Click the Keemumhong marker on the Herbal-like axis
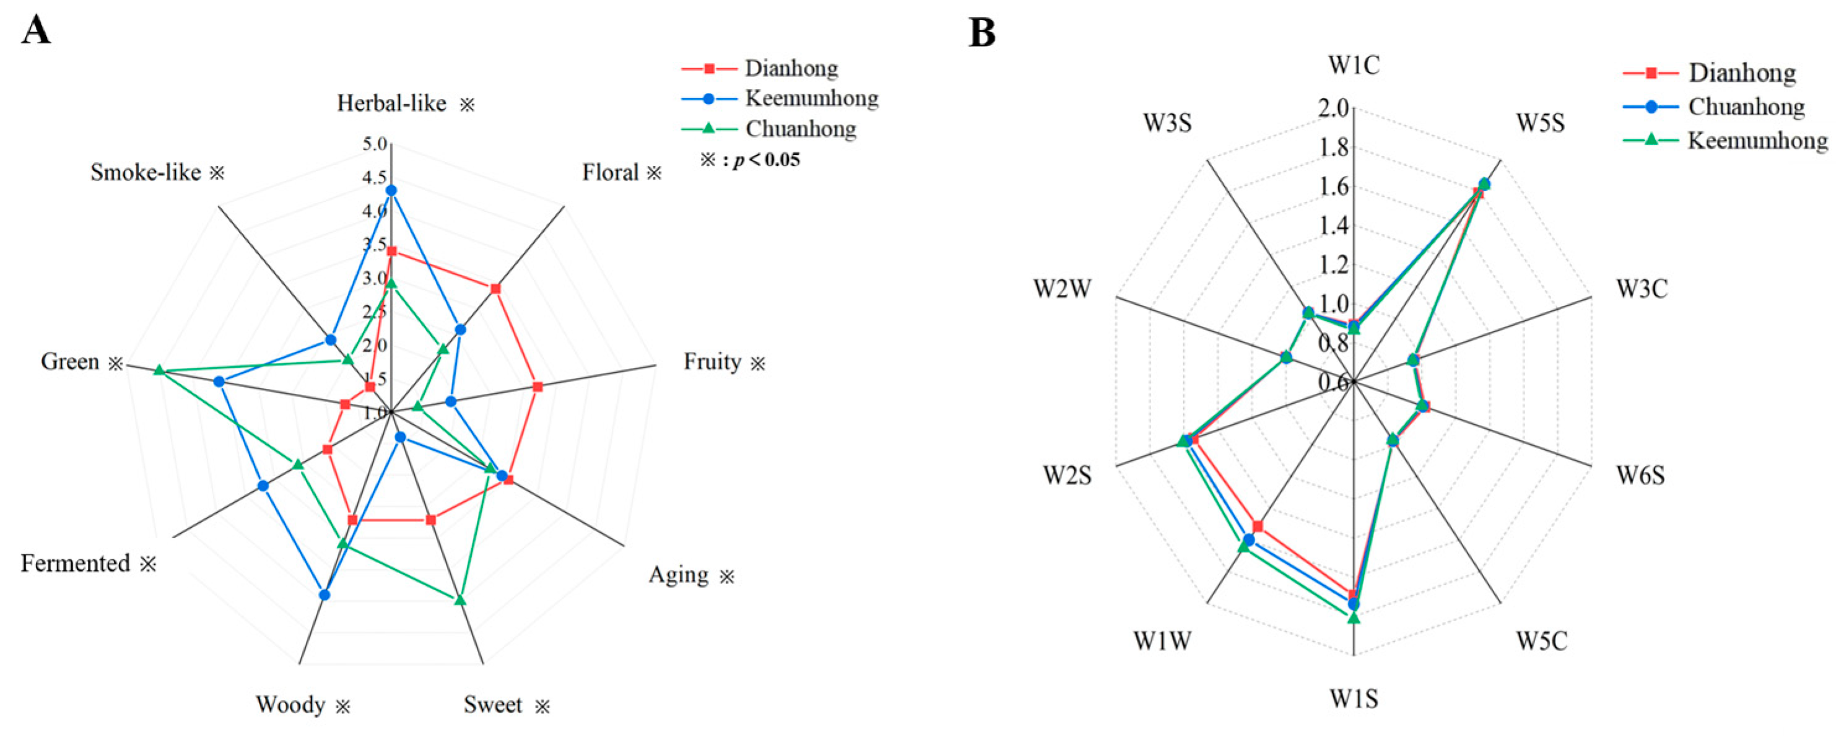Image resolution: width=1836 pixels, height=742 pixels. (391, 190)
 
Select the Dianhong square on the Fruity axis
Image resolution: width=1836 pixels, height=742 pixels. (537, 387)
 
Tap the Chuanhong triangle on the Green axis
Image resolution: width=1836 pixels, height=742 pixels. (160, 370)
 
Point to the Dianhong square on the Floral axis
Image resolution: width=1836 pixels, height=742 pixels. (495, 289)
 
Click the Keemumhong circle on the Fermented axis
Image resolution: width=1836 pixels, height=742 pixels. (263, 486)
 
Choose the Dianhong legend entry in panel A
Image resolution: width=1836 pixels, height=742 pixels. (791, 68)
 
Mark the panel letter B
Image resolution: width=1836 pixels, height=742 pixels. (982, 33)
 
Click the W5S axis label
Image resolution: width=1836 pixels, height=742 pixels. (1540, 123)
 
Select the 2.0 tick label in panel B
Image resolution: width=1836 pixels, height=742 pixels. (1334, 108)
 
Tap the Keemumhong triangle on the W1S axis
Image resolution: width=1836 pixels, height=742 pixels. (1354, 618)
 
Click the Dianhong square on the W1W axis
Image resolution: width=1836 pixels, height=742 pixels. (1258, 526)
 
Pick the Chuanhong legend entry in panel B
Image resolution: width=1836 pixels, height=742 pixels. (1746, 107)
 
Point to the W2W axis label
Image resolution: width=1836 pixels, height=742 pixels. (1062, 289)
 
